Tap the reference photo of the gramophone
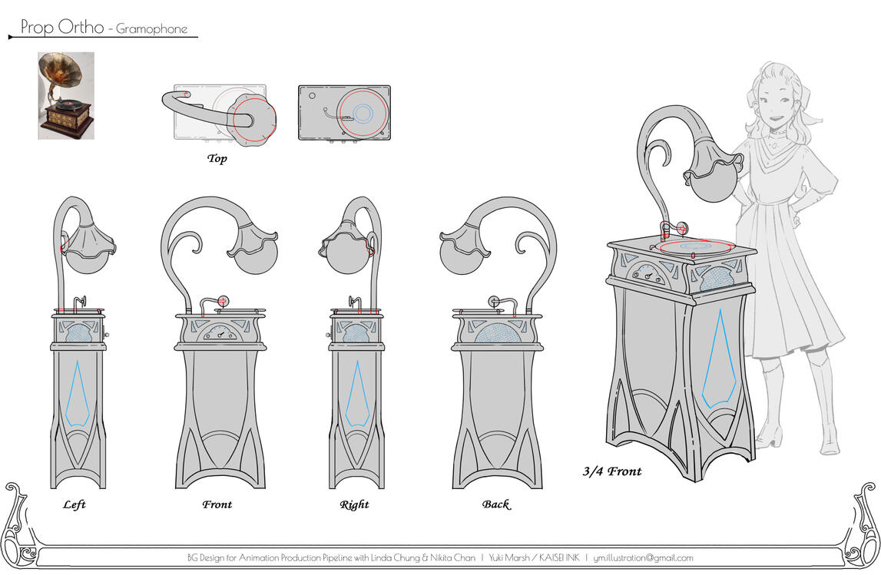(x=66, y=95)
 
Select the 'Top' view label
(x=217, y=159)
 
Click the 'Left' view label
(x=75, y=504)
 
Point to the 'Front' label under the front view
(x=217, y=504)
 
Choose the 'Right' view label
(x=354, y=504)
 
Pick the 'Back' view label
(x=495, y=504)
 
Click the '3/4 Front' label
(x=611, y=471)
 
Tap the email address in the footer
(x=644, y=558)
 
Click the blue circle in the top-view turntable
(x=363, y=114)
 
